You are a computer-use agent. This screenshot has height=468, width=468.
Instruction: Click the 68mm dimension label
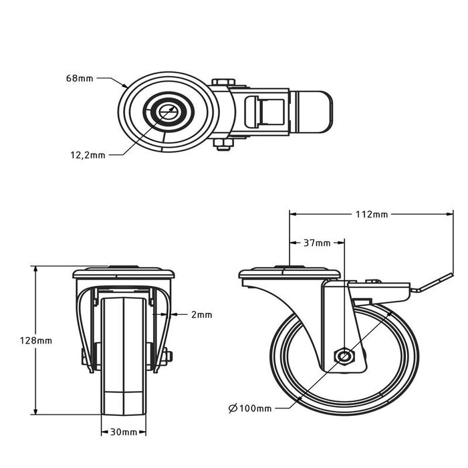pyautogui.click(x=80, y=79)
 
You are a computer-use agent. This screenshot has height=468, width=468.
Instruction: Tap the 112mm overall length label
pyautogui.click(x=372, y=215)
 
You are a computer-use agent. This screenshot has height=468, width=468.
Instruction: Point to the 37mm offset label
pyautogui.click(x=318, y=243)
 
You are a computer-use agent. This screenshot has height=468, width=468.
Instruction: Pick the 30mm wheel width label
pyautogui.click(x=123, y=433)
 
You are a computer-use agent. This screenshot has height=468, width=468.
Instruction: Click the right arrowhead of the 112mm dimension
pyautogui.click(x=445, y=215)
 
